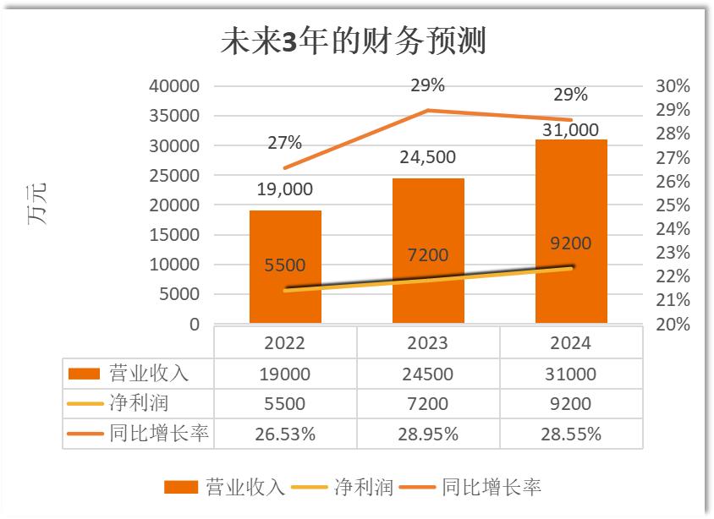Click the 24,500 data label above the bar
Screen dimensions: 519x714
[428, 157]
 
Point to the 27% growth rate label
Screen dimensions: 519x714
[284, 143]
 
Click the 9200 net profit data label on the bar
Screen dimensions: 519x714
[571, 243]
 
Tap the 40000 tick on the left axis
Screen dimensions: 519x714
[174, 86]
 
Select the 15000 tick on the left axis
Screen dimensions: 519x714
[174, 235]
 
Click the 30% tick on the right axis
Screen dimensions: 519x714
[673, 86]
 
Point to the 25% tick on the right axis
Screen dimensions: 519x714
[673, 205]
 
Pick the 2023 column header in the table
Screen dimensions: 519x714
[428, 343]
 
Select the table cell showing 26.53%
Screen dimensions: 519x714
[285, 434]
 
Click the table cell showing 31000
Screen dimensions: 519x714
[571, 374]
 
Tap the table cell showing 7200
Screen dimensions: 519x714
[428, 404]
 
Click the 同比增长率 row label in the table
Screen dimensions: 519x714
[158, 434]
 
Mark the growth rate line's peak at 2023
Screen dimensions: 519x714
[428, 110]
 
